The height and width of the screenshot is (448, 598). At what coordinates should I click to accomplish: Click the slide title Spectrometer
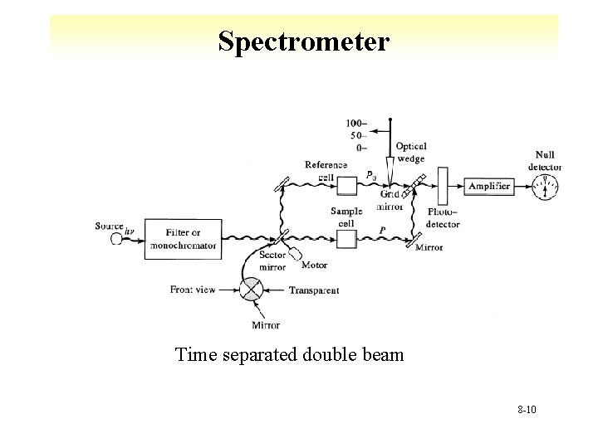tap(303, 41)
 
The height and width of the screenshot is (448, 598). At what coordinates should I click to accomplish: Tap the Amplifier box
tap(488, 187)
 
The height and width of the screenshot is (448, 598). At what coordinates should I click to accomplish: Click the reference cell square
tap(346, 185)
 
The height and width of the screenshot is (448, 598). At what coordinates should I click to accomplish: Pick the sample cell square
tap(346, 239)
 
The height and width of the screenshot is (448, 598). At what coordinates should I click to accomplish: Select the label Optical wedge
tap(410, 152)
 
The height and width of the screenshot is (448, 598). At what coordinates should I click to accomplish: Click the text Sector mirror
tap(272, 262)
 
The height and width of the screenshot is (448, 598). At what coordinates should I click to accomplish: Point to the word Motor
tap(314, 265)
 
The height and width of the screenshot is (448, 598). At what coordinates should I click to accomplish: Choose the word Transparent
tap(314, 290)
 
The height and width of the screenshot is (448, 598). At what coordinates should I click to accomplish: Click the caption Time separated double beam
tap(289, 356)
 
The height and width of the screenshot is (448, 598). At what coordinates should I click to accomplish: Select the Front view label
tap(192, 290)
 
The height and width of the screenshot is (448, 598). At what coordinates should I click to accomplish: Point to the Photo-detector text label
tap(443, 217)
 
